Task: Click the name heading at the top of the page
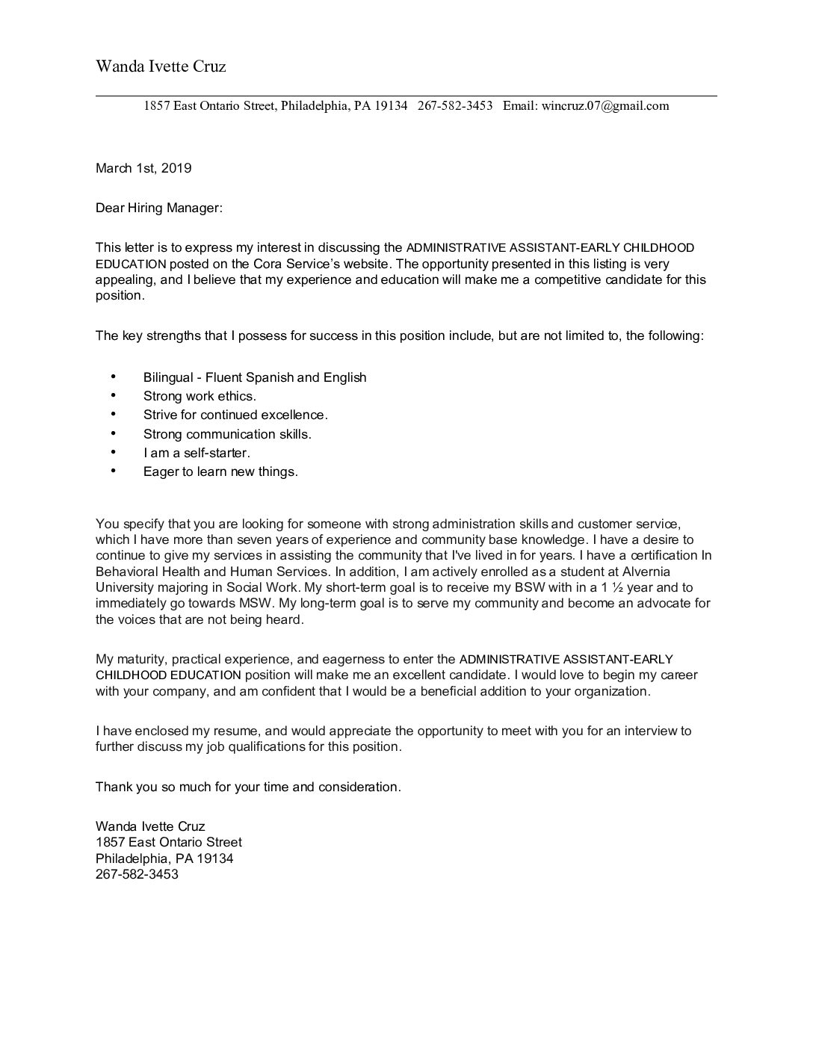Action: (x=161, y=66)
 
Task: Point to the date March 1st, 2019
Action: (x=143, y=168)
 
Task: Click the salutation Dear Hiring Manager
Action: (x=159, y=208)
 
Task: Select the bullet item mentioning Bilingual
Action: (x=255, y=377)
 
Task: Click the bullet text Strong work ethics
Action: (x=200, y=396)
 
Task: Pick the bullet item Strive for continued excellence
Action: (x=235, y=415)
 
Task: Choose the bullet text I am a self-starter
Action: (x=197, y=453)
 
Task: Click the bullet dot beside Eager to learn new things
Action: (x=114, y=471)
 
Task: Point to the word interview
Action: (x=648, y=731)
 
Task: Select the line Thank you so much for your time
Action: (x=248, y=787)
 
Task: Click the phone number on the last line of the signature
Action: (x=137, y=874)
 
